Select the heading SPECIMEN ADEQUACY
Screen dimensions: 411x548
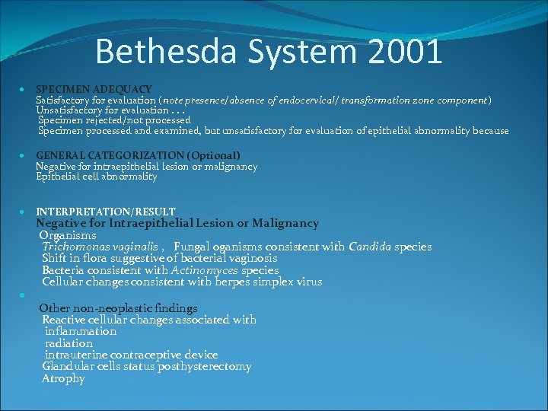94,89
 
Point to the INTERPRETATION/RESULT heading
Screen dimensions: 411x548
106,211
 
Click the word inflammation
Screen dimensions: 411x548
81,331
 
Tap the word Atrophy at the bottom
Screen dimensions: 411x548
63,378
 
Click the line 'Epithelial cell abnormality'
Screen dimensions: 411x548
97,177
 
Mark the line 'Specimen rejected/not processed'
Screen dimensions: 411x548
114,120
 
